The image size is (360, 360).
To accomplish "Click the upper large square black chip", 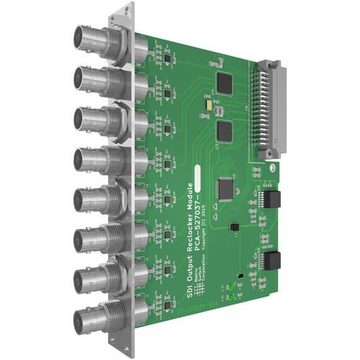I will tap(225, 84).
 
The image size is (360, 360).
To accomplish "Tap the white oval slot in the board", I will tap(271, 166).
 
